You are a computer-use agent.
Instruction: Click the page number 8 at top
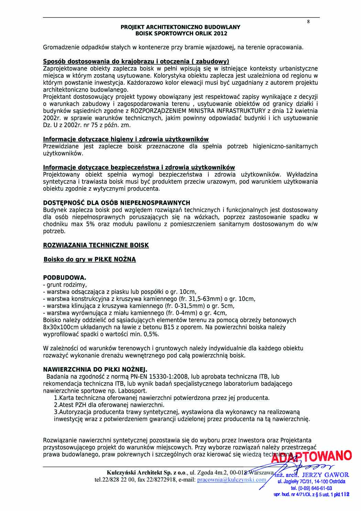click(x=308, y=22)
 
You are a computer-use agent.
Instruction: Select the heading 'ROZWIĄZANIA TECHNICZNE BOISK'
click(x=96, y=245)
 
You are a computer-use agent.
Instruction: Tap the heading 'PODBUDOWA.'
click(x=65, y=278)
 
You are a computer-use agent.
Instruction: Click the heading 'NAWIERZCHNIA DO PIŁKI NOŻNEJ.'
click(x=95, y=370)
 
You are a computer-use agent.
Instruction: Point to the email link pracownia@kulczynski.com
click(x=232, y=480)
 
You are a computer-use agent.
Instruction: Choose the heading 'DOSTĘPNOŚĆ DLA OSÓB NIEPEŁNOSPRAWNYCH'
click(x=117, y=203)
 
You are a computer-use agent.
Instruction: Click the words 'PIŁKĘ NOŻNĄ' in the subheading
click(x=115, y=259)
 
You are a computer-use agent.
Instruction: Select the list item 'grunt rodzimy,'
click(x=67, y=285)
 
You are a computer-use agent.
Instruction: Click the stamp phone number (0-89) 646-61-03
click(x=311, y=488)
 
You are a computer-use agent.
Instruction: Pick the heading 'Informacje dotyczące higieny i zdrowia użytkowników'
click(x=126, y=139)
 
